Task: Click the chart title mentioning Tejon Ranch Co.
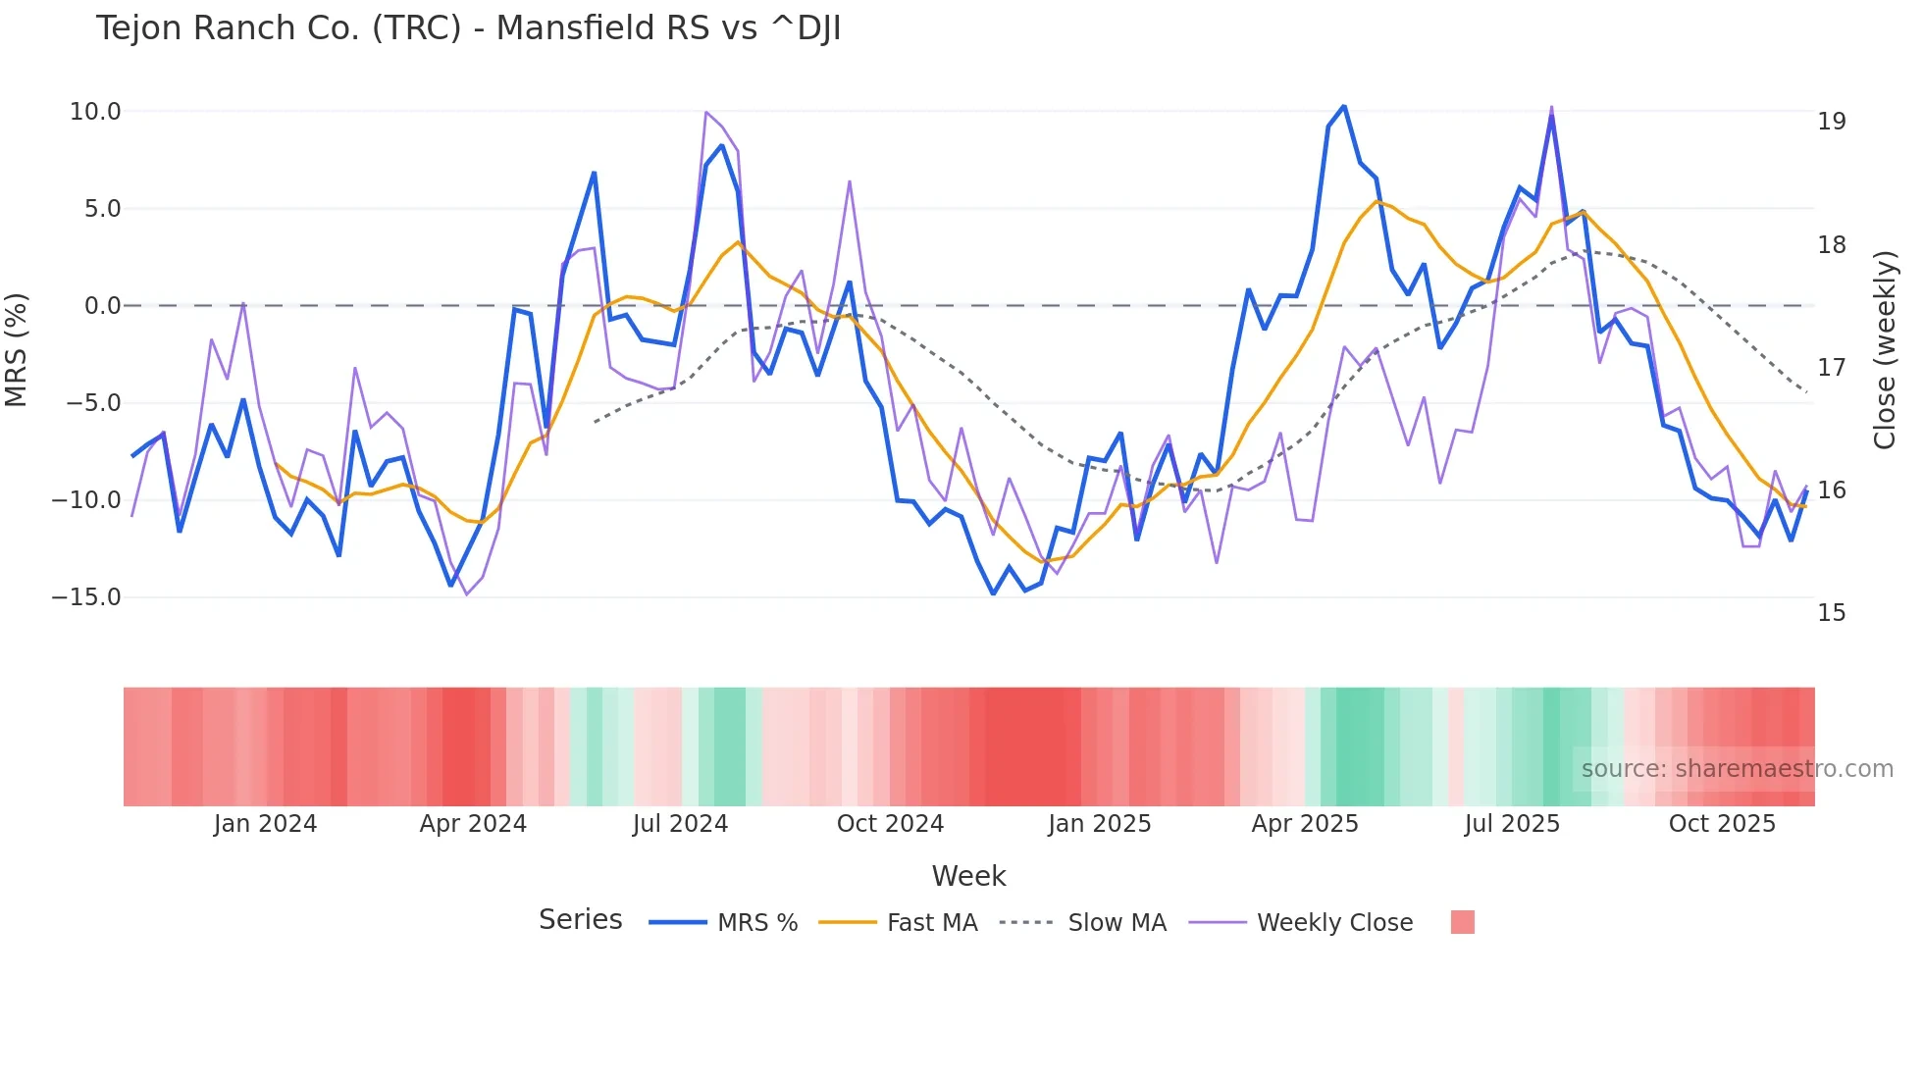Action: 468,28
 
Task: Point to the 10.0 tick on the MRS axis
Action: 95,112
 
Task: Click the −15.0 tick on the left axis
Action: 86,597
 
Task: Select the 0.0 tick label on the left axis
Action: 102,306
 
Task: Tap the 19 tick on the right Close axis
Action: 1831,122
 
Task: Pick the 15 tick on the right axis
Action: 1831,613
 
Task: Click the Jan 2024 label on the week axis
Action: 265,824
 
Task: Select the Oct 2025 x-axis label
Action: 1722,824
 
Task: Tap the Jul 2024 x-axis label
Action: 680,824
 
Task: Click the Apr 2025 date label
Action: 1305,824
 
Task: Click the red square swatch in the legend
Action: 1462,922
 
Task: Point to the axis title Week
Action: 968,876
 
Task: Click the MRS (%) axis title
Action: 17,350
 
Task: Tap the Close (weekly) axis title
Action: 1884,350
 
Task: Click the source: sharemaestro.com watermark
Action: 1737,769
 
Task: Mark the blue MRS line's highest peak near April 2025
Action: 1343,106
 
